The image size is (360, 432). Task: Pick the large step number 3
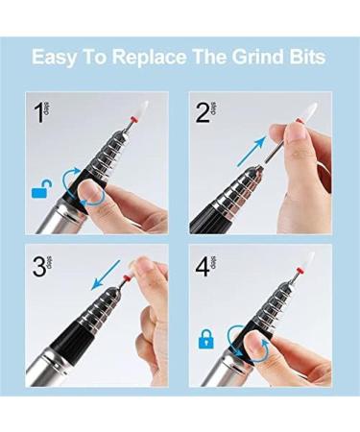(x=38, y=264)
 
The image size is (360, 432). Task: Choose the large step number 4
(x=204, y=264)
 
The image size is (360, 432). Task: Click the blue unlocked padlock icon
(x=39, y=192)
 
